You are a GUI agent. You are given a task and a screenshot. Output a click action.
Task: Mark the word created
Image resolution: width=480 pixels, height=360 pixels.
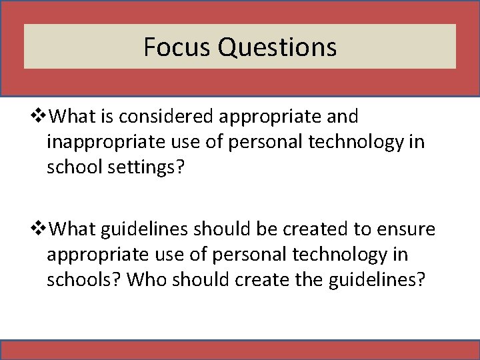[315, 230]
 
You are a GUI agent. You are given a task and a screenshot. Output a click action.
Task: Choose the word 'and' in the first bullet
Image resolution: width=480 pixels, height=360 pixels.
[343, 117]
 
